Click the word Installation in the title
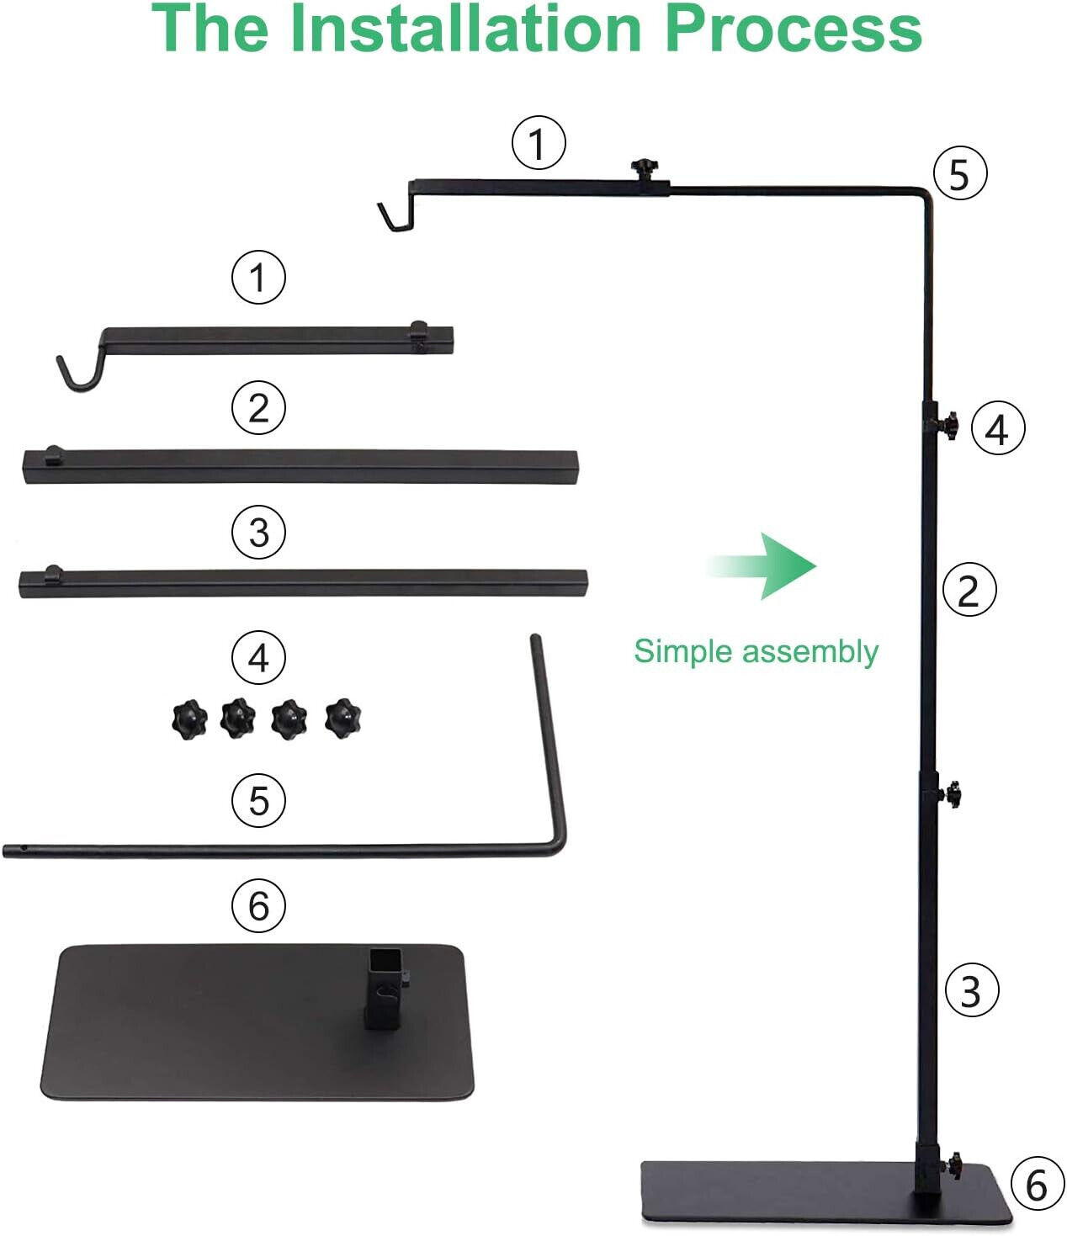coord(466,28)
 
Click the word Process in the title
coord(793,28)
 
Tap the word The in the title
coord(210,28)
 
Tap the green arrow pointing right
coord(762,565)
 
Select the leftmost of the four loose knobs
coord(189,719)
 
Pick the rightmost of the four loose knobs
coord(343,718)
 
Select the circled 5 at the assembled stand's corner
coord(960,173)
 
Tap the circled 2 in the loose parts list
coord(258,408)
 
